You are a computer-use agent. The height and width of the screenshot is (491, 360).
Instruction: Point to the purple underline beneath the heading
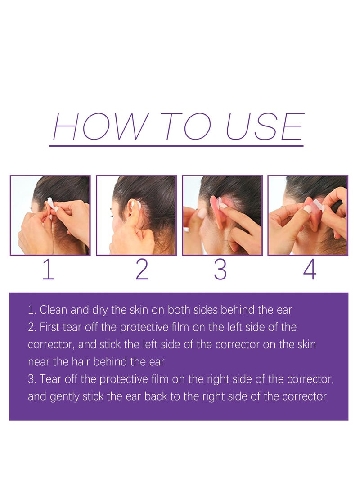point(176,145)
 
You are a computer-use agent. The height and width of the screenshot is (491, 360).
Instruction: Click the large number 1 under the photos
point(48,270)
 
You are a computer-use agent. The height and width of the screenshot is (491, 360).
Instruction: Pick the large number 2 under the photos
point(142,270)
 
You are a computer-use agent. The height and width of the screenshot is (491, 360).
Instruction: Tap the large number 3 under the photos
point(220,270)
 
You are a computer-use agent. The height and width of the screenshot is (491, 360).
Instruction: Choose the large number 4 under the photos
point(310,270)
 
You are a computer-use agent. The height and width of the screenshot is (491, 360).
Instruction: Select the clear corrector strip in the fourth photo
point(317,206)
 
